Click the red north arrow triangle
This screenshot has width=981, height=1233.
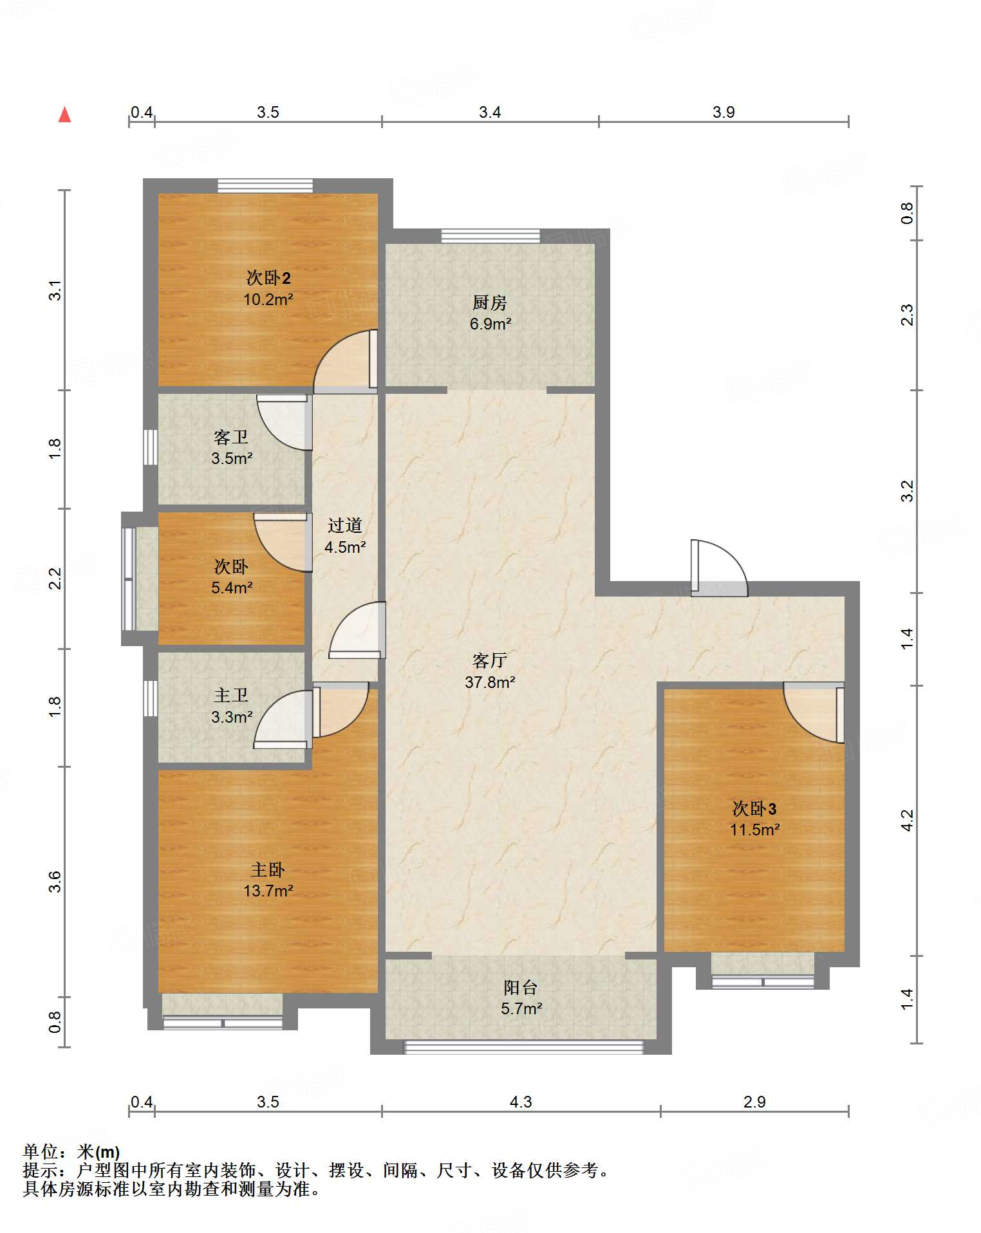[x=64, y=115]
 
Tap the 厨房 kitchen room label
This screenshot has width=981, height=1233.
[x=490, y=302]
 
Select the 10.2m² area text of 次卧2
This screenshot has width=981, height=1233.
[x=268, y=299]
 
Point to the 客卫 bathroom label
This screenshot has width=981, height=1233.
[x=231, y=437]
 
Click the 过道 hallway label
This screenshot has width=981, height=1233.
[x=345, y=525]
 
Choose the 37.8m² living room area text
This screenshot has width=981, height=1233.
[x=490, y=682]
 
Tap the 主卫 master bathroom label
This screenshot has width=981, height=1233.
[x=231, y=695]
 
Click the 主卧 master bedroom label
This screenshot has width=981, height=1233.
[x=268, y=869]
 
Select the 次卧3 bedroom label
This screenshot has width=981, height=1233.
[x=754, y=808]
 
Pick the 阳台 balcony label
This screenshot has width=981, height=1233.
[x=521, y=987]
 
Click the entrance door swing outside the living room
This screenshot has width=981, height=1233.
[x=719, y=567]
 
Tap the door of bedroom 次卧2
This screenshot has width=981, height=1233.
[x=346, y=361]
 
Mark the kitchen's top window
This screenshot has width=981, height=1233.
[x=490, y=236]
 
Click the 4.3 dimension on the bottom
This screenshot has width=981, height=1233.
[x=521, y=1102]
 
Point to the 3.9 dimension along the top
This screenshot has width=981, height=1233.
[x=724, y=112]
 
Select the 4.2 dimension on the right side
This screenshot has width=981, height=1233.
[x=907, y=820]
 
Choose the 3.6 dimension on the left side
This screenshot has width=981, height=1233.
[x=55, y=881]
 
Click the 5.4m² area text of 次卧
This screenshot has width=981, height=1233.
[x=232, y=588]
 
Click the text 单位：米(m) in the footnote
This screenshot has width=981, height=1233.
[x=71, y=1152]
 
